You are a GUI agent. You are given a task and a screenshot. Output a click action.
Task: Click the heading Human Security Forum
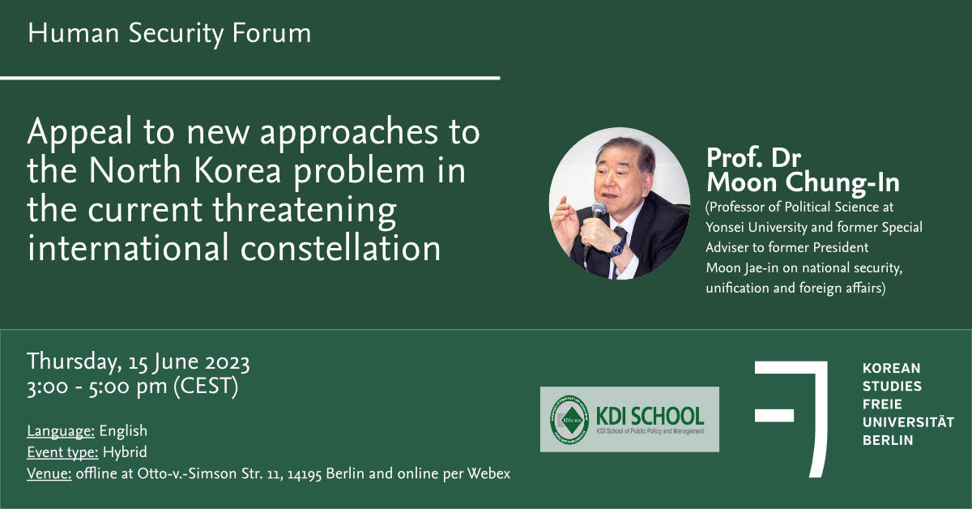(x=169, y=34)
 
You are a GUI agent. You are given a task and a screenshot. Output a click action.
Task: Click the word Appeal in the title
(x=79, y=132)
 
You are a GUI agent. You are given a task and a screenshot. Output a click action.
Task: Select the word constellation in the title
(x=341, y=248)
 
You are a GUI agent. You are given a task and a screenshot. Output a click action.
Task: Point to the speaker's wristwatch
(x=616, y=250)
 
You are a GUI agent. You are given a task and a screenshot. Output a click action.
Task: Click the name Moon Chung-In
(x=803, y=183)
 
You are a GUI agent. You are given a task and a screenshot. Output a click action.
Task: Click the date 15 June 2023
(x=190, y=362)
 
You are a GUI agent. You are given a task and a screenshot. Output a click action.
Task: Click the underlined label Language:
(x=61, y=431)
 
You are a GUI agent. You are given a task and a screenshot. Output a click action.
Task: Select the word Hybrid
(x=125, y=452)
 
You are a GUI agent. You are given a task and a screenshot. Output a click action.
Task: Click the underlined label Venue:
(x=49, y=473)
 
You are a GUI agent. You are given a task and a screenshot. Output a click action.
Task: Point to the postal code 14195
(x=305, y=474)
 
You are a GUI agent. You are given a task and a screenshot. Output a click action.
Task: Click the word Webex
(x=488, y=473)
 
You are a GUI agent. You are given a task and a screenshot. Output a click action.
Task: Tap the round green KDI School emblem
(x=569, y=420)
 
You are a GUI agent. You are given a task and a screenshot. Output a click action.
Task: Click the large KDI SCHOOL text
(x=650, y=416)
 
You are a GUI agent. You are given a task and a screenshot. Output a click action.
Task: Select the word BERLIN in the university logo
(x=888, y=440)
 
